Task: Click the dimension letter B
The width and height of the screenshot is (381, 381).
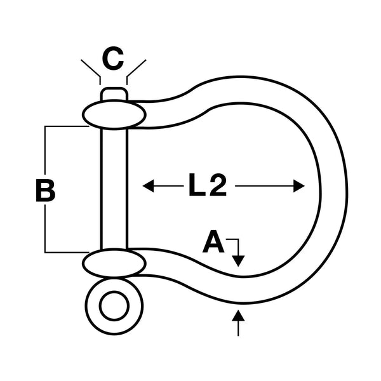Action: tap(45, 191)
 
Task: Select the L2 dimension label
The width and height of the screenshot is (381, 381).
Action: tap(207, 186)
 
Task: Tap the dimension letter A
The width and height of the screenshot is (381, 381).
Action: tap(214, 243)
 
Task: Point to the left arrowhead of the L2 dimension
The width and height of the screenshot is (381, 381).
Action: tap(149, 186)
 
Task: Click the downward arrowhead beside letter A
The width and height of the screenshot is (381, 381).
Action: tap(238, 260)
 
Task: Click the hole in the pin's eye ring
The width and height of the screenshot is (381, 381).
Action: tap(114, 307)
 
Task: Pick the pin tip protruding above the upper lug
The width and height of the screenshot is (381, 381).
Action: tap(114, 94)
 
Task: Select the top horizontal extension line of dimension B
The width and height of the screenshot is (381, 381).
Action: tap(66, 126)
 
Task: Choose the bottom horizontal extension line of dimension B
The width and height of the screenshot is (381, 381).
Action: tap(66, 252)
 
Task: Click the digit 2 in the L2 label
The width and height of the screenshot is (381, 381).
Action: tap(217, 186)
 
